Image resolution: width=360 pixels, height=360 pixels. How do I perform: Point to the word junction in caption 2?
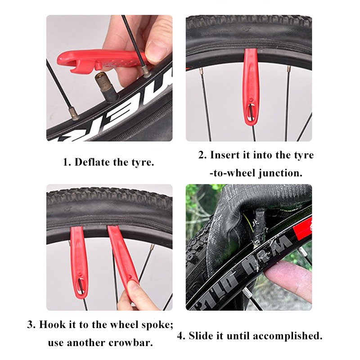click(280, 173)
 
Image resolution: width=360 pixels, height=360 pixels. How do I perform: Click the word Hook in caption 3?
click(52, 324)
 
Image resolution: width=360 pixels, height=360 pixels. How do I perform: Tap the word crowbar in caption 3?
click(130, 343)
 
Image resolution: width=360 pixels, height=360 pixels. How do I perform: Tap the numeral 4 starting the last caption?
click(181, 336)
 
